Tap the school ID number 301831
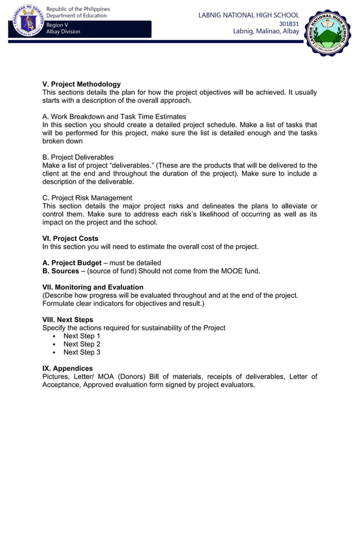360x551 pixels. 289,24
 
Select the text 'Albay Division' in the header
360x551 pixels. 63,32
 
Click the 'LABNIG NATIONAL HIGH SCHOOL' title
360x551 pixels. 248,15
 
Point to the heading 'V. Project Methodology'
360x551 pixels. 81,84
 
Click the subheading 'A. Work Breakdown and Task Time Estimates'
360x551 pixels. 114,116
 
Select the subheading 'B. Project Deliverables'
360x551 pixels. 78,157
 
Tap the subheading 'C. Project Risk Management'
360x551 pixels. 87,198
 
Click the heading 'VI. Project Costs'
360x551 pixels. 70,238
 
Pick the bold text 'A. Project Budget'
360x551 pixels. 72,263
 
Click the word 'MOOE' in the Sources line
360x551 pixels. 230,271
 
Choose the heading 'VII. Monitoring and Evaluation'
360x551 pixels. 93,287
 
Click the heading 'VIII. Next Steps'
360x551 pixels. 68,320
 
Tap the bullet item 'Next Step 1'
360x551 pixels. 82,336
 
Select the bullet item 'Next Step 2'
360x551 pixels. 82,344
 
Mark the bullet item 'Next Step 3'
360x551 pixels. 82,352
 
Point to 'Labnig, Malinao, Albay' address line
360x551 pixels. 266,32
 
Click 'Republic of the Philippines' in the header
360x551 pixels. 78,9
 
